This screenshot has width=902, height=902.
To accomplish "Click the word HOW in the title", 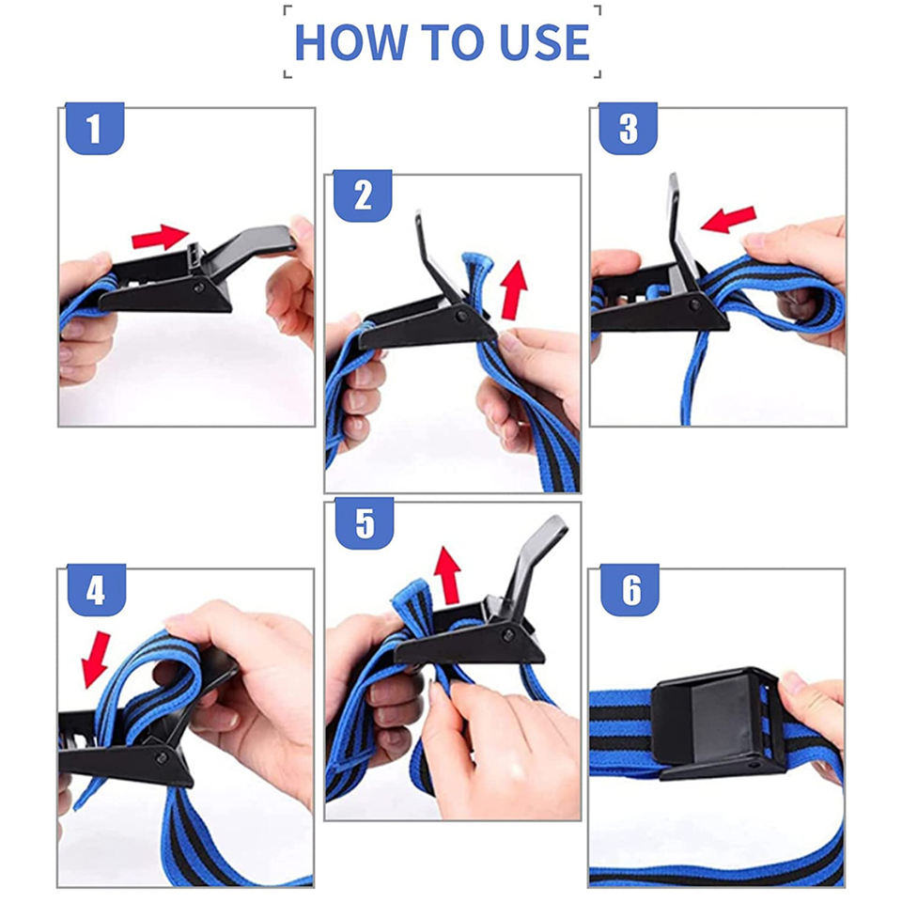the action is (350, 42).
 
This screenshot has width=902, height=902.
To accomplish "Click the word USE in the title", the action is (544, 42).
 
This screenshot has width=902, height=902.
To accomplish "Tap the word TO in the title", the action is (453, 42).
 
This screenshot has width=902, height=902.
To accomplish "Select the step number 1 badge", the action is (95, 129).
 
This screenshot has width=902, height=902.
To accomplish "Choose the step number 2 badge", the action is (363, 195).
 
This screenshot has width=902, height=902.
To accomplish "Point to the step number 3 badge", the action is (629, 129).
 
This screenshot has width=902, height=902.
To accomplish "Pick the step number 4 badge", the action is (97, 590).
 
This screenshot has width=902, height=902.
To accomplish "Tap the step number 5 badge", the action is (365, 523).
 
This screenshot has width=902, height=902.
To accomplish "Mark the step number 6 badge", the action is (630, 590).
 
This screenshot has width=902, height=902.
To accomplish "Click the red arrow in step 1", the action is (160, 237).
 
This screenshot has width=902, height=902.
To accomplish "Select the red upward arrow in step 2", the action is (514, 290).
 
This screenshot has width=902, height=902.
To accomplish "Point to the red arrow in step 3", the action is (728, 220).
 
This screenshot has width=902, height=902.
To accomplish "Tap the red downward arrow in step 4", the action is (96, 660).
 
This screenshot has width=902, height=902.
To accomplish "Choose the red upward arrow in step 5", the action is (447, 575).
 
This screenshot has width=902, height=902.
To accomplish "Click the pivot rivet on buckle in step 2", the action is (461, 316).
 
